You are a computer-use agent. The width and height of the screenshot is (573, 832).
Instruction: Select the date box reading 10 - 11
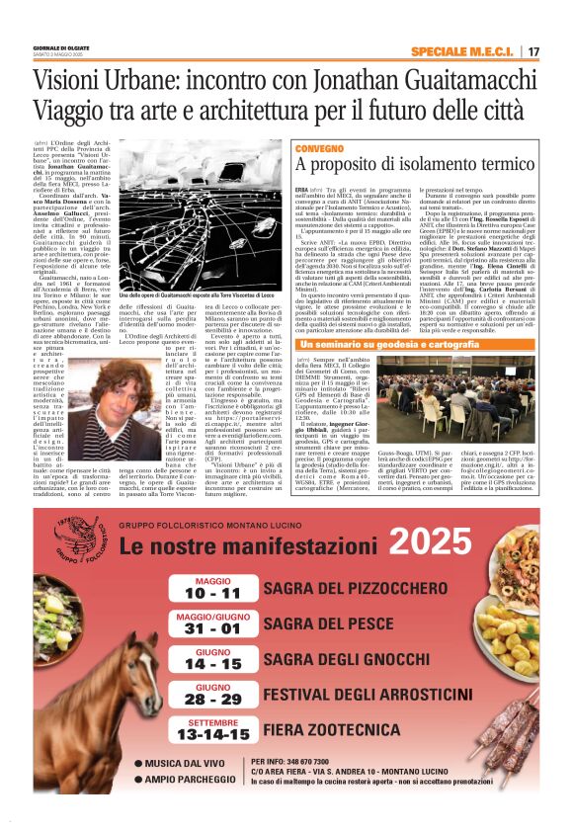pyautogui.click(x=212, y=589)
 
